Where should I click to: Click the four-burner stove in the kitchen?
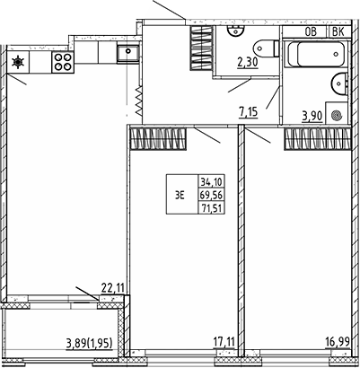63,63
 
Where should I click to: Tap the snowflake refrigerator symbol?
19,62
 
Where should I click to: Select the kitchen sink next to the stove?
129,52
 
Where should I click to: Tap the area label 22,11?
110,287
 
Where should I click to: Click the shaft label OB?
312,31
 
